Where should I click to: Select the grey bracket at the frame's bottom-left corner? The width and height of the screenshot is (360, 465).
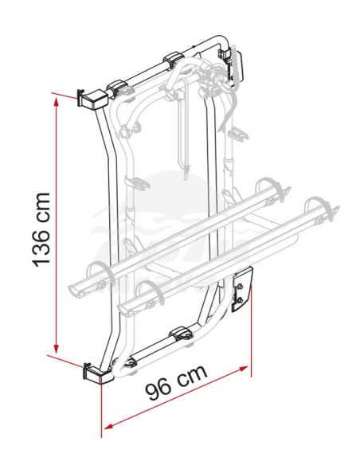(94, 372)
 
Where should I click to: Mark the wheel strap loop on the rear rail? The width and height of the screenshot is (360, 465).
(95, 272)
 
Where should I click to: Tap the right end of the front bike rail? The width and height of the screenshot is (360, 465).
(324, 210)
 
